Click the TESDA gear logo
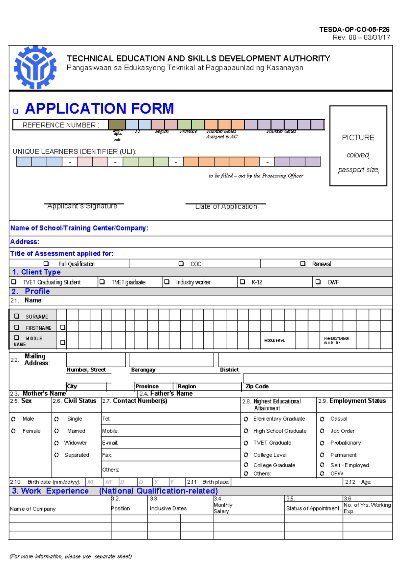coord(35,68)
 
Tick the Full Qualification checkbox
coord(46,264)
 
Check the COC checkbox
coord(181,264)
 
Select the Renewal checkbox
coord(303,264)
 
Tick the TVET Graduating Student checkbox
coord(14,282)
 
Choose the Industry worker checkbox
coord(167,282)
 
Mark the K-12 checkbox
coord(242,282)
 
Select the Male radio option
coord(13,419)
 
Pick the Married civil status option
coord(57,431)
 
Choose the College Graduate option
coord(246,465)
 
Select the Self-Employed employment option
coord(322,465)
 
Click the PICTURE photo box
coord(358,146)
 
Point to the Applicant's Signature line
coord(84,204)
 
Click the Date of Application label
coord(226,206)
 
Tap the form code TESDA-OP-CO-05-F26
coord(354,30)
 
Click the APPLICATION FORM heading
coord(99,108)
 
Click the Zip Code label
coord(257,386)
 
